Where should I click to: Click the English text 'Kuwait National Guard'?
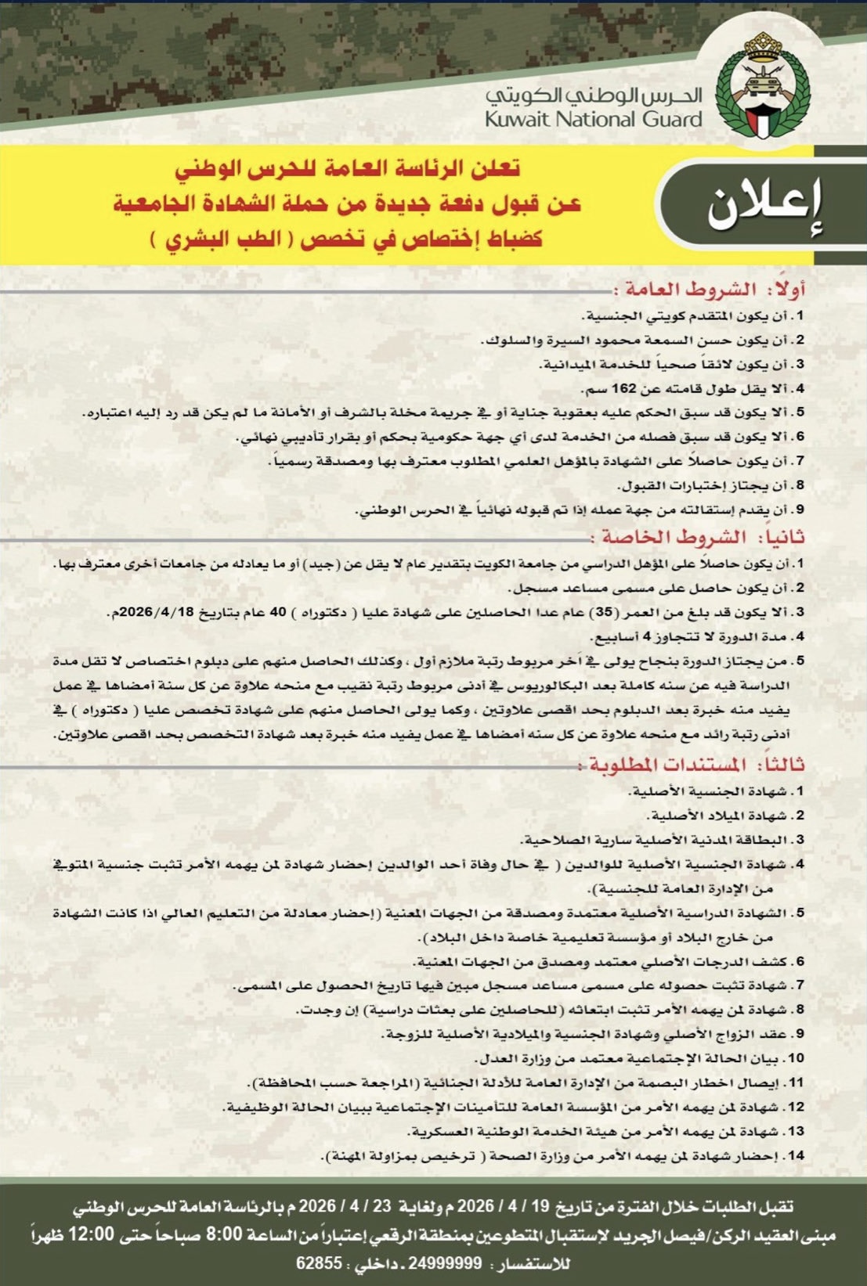pyautogui.click(x=593, y=120)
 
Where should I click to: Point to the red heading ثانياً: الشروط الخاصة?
pyautogui.click(x=698, y=538)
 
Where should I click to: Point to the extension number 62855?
pyautogui.click(x=319, y=1263)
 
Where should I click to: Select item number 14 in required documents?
pyautogui.click(x=796, y=1155)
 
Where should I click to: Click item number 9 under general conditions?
pyautogui.click(x=800, y=510)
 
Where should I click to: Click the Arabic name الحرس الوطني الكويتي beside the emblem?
pyautogui.click(x=593, y=95)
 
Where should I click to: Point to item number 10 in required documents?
pyautogui.click(x=796, y=1058)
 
